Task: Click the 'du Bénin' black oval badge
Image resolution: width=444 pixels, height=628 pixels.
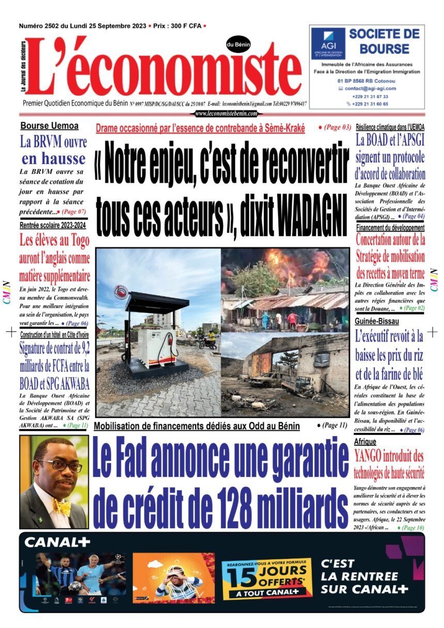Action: pos(238,45)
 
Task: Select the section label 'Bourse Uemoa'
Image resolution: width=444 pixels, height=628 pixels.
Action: pos(50,126)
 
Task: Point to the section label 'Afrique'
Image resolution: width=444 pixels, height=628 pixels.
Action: pos(365,442)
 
